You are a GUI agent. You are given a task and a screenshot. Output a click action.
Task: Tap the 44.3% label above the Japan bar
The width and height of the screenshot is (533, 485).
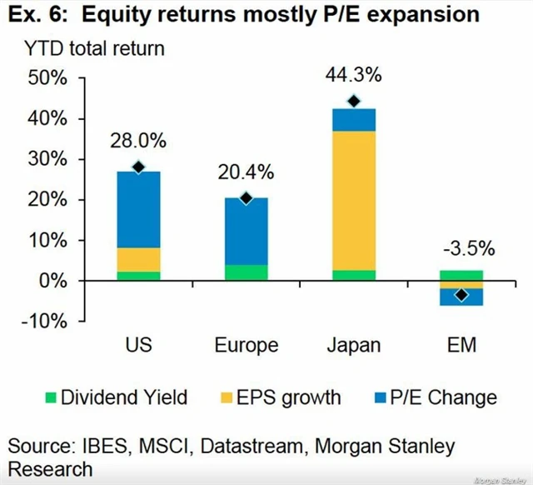(353, 76)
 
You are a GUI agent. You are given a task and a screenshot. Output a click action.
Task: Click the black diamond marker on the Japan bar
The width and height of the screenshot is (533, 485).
(353, 102)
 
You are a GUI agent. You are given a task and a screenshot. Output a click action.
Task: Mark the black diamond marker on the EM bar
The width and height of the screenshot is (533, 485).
(461, 295)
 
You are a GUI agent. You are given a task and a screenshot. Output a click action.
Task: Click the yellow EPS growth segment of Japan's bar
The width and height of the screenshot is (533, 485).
(353, 200)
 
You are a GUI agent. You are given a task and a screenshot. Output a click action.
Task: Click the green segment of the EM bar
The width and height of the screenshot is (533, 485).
(461, 275)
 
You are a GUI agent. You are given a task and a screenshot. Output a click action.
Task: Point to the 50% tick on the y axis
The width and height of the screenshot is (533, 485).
(55, 78)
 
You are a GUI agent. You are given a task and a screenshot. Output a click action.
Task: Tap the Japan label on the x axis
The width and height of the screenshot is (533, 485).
(353, 345)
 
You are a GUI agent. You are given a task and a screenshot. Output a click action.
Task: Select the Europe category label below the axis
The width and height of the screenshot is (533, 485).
(246, 345)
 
